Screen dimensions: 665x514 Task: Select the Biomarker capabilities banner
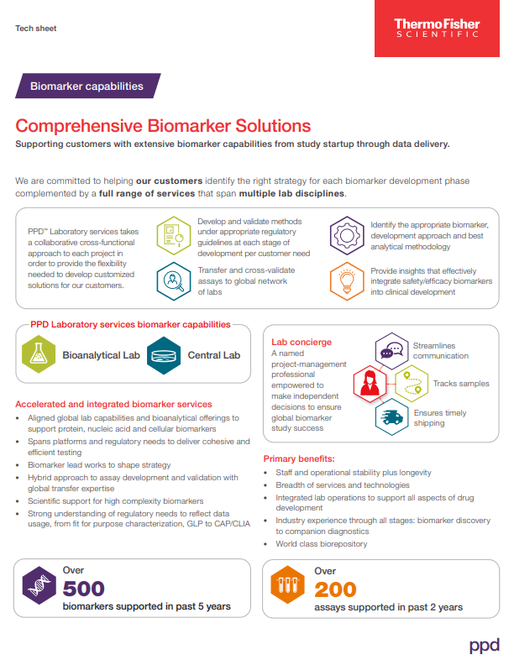87,86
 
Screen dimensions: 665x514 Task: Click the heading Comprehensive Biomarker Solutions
163,126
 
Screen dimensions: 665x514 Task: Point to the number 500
84,589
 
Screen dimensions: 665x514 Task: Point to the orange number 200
335,589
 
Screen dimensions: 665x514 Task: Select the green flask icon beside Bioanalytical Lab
39,354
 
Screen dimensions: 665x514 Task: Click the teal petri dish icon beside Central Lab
164,354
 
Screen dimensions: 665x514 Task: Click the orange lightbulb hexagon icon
347,280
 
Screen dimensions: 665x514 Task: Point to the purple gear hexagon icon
347,233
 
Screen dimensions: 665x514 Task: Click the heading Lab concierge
301,342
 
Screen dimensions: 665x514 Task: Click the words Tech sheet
35,29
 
